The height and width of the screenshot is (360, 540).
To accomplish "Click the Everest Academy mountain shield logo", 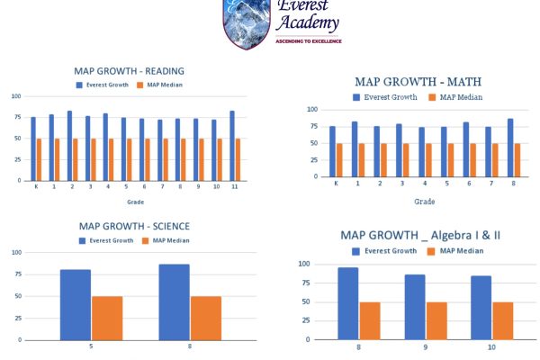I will click(246, 22).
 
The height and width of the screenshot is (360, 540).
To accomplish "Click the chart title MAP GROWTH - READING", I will click(129, 71).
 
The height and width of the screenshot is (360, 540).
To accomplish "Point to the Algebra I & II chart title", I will click(420, 235).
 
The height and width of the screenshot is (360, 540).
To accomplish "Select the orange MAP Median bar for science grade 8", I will click(205, 318).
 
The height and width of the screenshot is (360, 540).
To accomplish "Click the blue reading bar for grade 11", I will click(232, 146).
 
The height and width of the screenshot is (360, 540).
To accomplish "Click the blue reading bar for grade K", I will click(33, 148).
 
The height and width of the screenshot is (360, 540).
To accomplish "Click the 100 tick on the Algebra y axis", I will click(303, 265).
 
